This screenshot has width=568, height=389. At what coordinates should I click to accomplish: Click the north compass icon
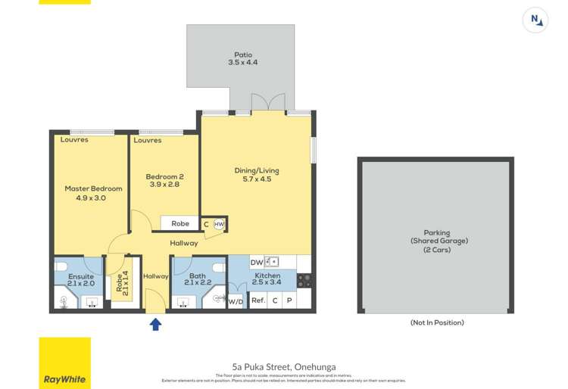[535, 20]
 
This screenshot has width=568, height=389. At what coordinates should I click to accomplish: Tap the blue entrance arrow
[156, 324]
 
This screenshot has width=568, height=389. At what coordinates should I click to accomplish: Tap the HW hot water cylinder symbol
[219, 224]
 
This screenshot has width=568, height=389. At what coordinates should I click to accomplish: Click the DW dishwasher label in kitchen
[257, 262]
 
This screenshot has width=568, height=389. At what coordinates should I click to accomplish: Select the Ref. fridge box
[257, 300]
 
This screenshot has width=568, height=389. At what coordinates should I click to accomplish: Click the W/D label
[236, 301]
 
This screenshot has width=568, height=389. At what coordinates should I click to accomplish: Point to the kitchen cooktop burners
[304, 281]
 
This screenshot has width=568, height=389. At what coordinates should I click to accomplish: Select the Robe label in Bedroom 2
[180, 223]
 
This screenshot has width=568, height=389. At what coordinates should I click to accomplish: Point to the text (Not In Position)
[437, 322]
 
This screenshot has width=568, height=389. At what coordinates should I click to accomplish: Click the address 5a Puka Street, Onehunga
[284, 366]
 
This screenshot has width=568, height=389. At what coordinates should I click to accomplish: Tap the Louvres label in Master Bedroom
[74, 140]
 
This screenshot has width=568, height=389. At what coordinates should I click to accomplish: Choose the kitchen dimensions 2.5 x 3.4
[267, 283]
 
